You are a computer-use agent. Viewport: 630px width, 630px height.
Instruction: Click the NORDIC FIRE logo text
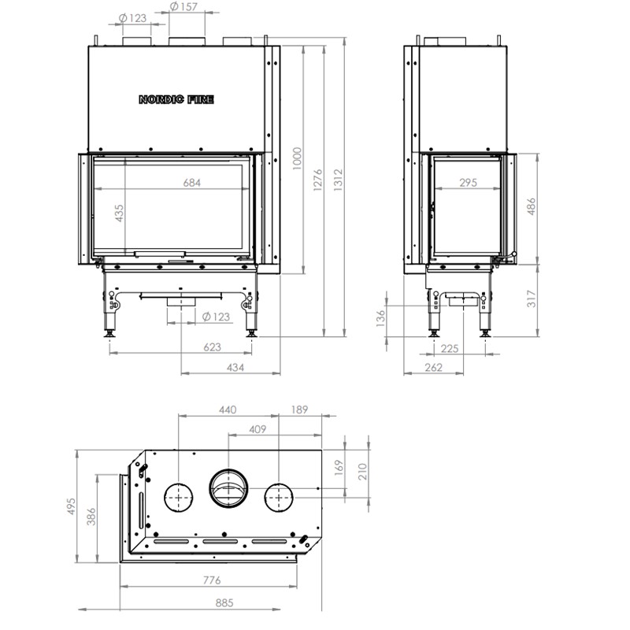(176, 99)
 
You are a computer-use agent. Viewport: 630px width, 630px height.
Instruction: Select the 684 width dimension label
(191, 183)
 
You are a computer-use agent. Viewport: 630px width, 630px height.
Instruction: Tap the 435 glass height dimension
(120, 213)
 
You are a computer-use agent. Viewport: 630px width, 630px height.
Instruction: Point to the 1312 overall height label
(338, 180)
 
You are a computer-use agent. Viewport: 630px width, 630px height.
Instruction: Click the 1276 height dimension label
(317, 180)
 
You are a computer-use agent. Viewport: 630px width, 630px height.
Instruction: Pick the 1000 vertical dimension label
(297, 159)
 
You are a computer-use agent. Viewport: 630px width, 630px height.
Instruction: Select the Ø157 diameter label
(183, 6)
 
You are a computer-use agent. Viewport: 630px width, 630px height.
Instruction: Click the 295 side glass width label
(468, 183)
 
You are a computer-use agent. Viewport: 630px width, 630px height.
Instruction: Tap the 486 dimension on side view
(531, 206)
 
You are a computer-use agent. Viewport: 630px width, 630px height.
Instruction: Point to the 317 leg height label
(531, 298)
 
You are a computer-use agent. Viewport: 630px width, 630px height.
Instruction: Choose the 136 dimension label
(380, 318)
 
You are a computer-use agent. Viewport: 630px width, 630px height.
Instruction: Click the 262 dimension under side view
(434, 367)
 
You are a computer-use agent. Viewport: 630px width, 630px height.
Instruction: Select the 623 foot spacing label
(212, 346)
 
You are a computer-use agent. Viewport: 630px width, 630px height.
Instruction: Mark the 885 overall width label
(224, 602)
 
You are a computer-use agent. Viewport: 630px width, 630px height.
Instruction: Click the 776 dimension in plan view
(212, 580)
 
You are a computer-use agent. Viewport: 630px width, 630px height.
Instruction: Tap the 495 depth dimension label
(71, 506)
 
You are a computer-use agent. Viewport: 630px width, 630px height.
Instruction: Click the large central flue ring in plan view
(228, 488)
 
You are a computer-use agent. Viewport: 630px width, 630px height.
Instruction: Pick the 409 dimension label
(258, 429)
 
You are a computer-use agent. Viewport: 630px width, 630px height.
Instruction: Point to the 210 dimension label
(362, 471)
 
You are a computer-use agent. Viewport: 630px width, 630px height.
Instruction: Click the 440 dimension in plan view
(228, 409)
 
